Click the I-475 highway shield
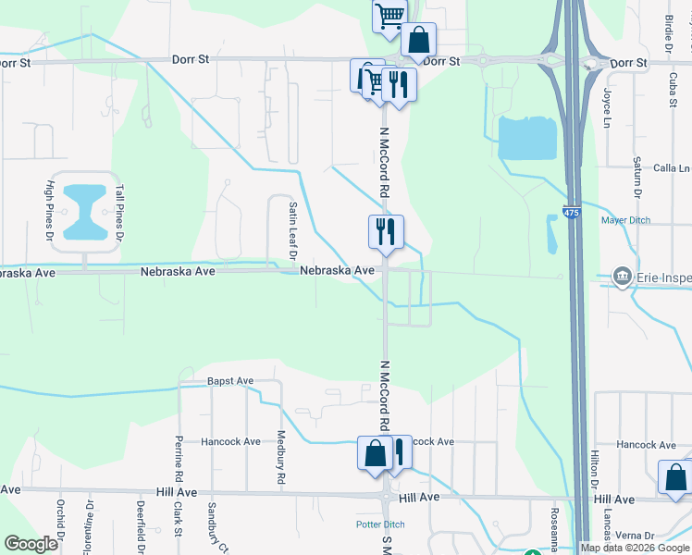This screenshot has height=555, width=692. pos(572,213)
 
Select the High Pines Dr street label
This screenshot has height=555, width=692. pos(50,208)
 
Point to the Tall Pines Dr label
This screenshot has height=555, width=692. pos(119,214)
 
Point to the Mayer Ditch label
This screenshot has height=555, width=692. pos(625,220)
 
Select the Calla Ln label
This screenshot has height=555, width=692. pos(672,168)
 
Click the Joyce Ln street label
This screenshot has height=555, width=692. pos(608,108)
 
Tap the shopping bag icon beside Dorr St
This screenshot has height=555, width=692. pos(418,41)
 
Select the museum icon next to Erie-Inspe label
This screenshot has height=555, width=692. pos(623,277)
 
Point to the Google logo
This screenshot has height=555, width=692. pos(31,544)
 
